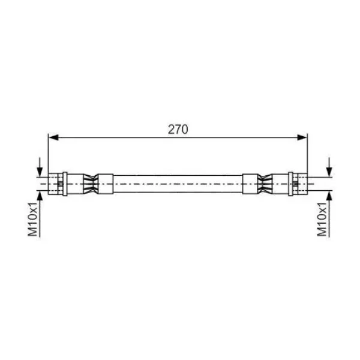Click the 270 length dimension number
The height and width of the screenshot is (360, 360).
pyautogui.click(x=178, y=130)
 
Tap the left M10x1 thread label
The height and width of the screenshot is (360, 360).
pyautogui.click(x=32, y=219)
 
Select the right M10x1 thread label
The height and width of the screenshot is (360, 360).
pyautogui.click(x=322, y=219)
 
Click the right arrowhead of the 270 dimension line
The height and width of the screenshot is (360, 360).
pyautogui.click(x=302, y=137)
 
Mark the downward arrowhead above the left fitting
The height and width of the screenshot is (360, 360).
pyautogui.click(x=40, y=172)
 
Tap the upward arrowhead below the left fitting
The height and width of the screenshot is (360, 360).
pyautogui.click(x=40, y=196)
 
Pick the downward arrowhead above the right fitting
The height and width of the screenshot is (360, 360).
pyautogui.click(x=329, y=172)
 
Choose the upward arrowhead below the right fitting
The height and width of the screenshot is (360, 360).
pyautogui.click(x=329, y=196)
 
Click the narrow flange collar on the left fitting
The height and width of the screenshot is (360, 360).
pyautogui.click(x=65, y=184)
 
